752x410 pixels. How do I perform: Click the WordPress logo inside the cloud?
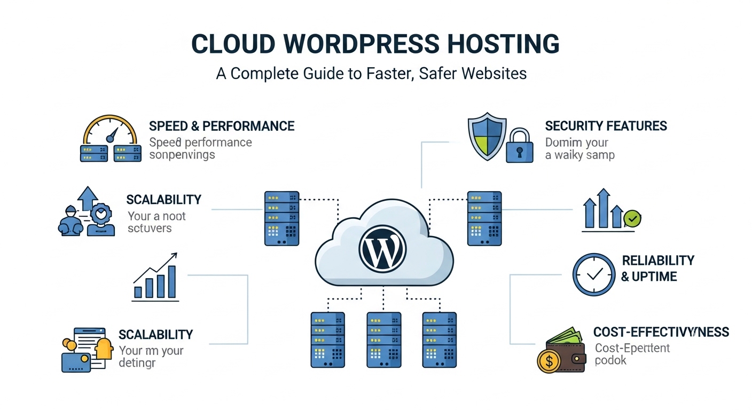[x=382, y=249]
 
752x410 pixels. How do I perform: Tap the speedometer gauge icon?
[x=110, y=128]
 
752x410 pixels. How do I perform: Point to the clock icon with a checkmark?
[x=593, y=274]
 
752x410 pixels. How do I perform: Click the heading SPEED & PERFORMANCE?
[x=222, y=126]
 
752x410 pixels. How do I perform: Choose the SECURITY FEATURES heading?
[x=606, y=126]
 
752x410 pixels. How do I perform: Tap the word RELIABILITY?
[x=658, y=261]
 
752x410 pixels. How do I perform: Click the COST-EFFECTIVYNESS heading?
[x=661, y=332]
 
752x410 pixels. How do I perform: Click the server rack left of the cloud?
[x=282, y=218]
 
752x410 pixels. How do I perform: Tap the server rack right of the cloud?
[x=484, y=218]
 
